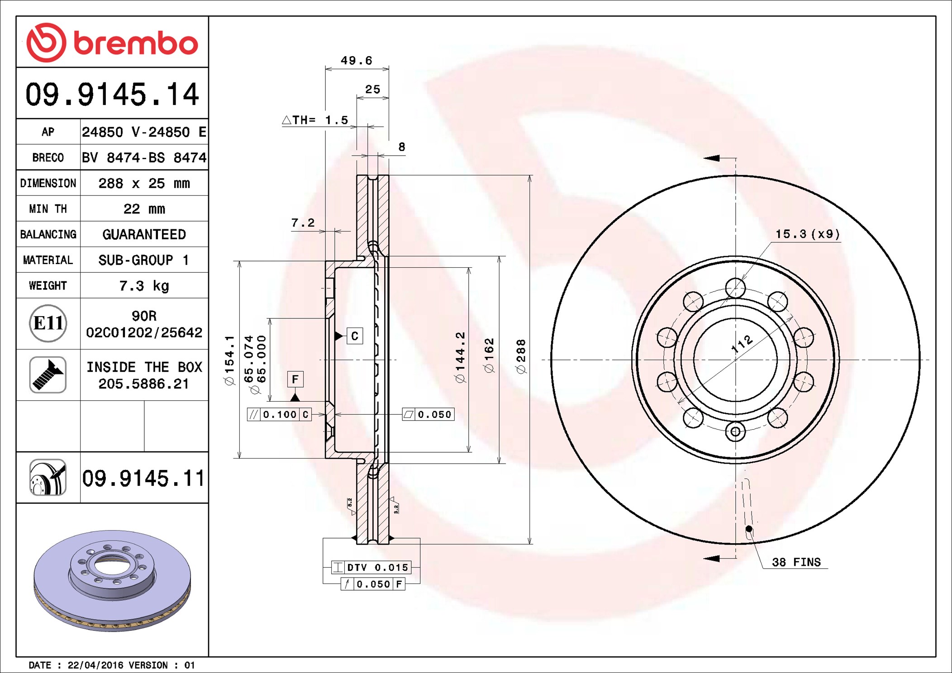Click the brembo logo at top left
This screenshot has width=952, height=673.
click(x=112, y=43)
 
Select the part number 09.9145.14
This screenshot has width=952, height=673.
click(x=112, y=94)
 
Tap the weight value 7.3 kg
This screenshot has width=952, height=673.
click(x=144, y=286)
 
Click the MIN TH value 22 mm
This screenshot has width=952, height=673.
click(x=144, y=209)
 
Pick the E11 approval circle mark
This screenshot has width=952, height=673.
click(x=48, y=323)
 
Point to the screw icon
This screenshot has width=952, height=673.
click(x=48, y=374)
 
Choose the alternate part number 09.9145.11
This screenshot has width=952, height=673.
click(x=143, y=478)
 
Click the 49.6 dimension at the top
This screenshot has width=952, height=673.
click(x=357, y=61)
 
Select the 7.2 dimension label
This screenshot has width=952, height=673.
click(x=303, y=223)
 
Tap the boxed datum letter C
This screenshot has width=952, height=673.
click(x=355, y=336)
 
